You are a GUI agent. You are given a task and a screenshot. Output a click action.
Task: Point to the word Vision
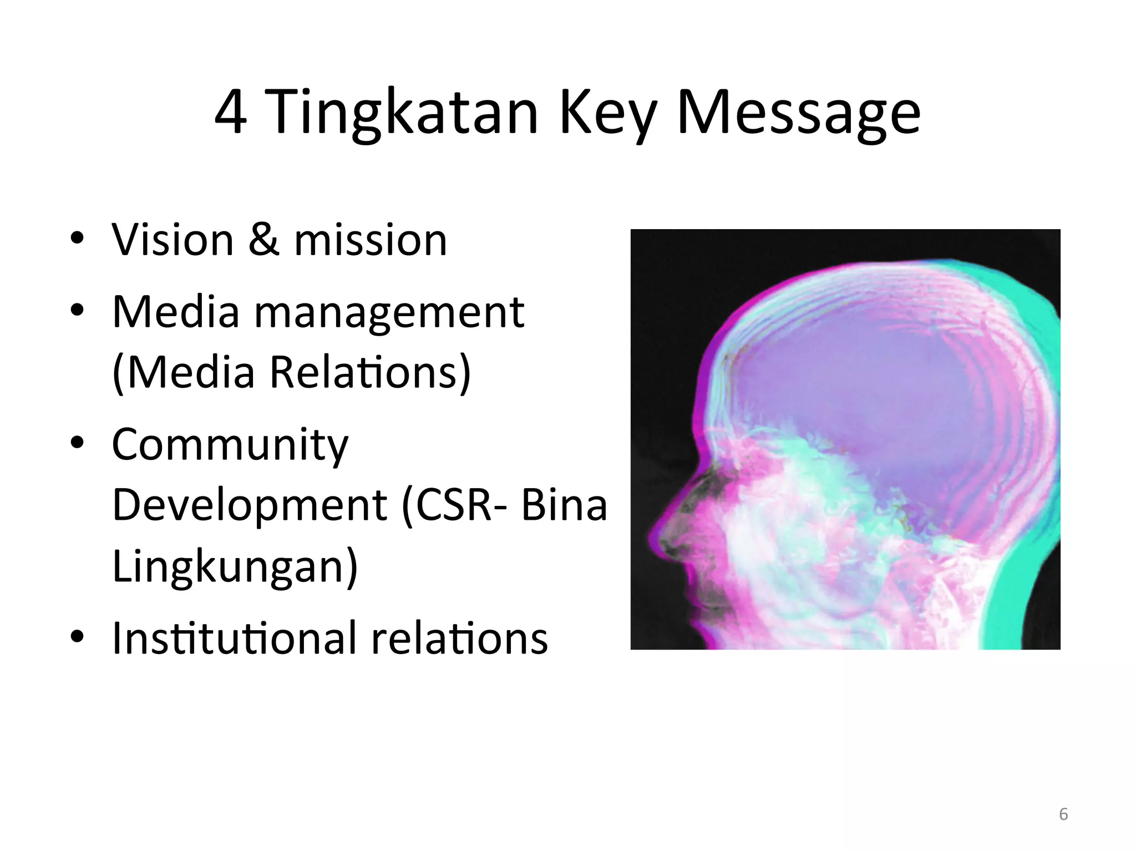(173, 240)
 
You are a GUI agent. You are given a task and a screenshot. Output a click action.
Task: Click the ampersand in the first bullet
(263, 240)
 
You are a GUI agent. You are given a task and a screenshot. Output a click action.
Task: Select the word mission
(370, 240)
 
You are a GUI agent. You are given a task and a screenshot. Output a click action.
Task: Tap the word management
(389, 312)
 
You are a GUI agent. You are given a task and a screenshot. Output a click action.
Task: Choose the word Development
(249, 505)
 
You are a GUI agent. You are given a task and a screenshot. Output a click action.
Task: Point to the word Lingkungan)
(235, 566)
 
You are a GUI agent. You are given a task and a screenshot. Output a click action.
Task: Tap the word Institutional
(234, 638)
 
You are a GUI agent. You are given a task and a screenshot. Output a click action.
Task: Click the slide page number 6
(1063, 814)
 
